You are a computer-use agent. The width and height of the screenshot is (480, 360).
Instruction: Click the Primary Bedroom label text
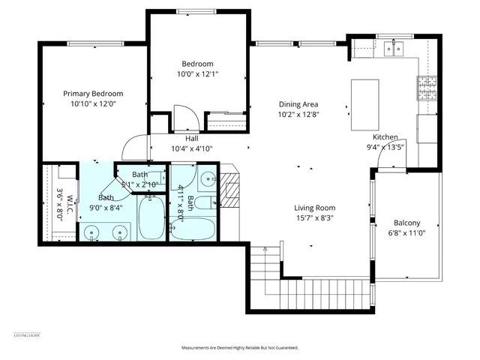(x=92, y=94)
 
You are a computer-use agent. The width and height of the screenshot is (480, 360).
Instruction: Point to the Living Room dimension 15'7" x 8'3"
(x=314, y=218)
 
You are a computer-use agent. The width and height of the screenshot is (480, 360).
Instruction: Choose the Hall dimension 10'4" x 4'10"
(x=193, y=148)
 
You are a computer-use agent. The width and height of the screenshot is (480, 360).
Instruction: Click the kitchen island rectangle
(x=363, y=104)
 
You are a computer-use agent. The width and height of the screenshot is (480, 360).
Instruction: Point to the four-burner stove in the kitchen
(x=427, y=86)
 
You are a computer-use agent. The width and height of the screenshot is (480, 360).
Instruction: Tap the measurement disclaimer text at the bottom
(x=239, y=348)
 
